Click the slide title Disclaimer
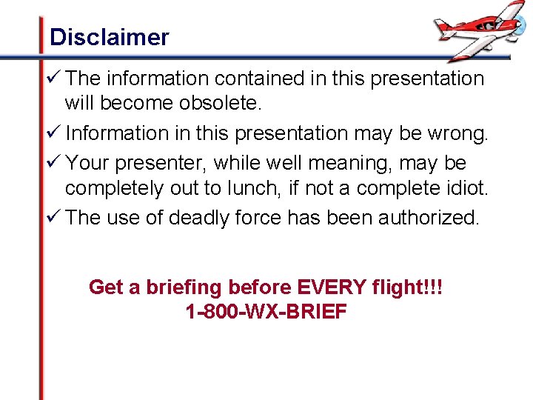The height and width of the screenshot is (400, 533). pos(109,37)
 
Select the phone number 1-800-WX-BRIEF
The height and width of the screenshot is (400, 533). pos(266,312)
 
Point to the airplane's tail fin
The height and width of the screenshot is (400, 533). pos(442,27)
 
